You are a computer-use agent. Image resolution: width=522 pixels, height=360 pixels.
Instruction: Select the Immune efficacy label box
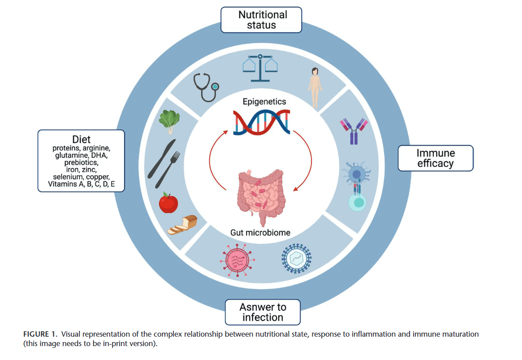pyautogui.click(x=435, y=158)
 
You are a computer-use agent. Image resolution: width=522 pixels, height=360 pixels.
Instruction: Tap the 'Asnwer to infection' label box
pyautogui.click(x=263, y=312)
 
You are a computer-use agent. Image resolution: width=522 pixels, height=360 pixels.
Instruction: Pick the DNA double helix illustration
pyautogui.click(x=262, y=122)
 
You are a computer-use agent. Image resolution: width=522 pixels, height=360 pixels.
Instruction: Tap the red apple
pyautogui.click(x=168, y=203)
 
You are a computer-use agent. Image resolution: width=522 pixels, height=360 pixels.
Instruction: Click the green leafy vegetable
pyautogui.click(x=169, y=121)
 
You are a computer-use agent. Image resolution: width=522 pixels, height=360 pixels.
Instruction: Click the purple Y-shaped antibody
pyautogui.click(x=354, y=130)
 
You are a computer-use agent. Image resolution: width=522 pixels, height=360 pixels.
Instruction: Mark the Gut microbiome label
pyautogui.click(x=260, y=233)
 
